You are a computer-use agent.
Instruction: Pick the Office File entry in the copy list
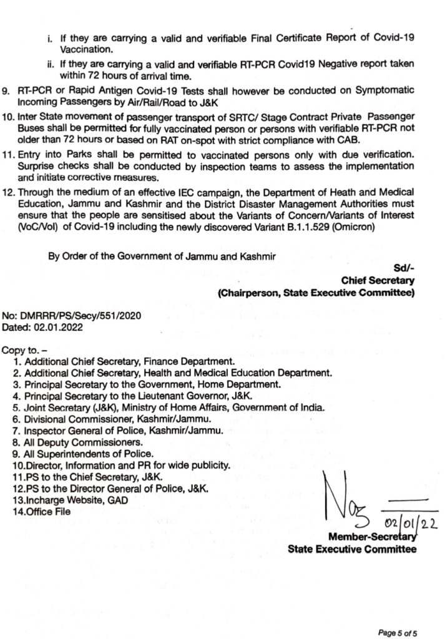coord(49,512)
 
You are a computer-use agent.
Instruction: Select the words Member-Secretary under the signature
coord(372,537)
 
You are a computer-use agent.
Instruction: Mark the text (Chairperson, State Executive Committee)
coord(315,293)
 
